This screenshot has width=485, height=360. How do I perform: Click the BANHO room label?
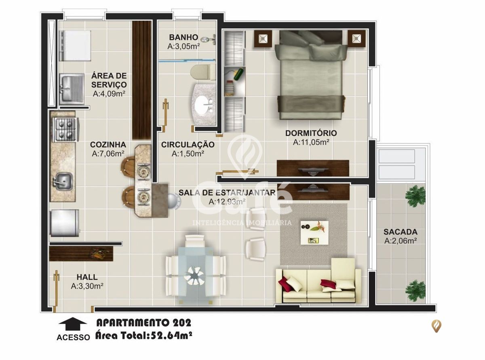[x=183, y=38]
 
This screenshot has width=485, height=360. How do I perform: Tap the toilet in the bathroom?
[x=201, y=72]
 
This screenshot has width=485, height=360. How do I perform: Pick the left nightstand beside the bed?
[x=263, y=39]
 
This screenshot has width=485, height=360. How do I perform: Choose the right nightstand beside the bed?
[x=356, y=39]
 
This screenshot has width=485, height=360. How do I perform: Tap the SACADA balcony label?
[x=400, y=232]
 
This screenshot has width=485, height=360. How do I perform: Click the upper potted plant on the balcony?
[x=415, y=196]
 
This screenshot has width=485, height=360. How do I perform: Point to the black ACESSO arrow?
[x=73, y=324]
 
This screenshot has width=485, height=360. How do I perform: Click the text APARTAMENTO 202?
[x=143, y=323]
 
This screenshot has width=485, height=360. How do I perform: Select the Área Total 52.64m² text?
[x=143, y=335]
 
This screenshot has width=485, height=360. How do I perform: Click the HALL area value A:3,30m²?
[x=87, y=286]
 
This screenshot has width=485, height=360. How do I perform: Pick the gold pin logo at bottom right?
[x=436, y=326]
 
